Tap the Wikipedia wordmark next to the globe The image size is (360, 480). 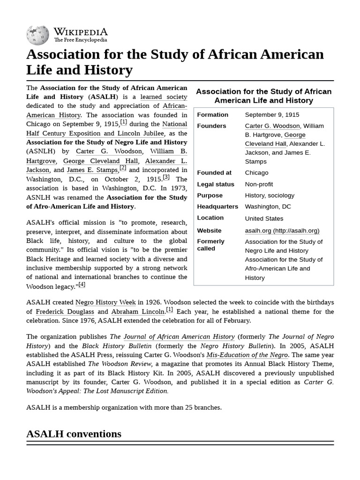click(x=80, y=32)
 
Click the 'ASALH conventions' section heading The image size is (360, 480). click(x=74, y=434)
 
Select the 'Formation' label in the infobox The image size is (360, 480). click(x=212, y=115)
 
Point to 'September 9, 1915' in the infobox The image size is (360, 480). click(x=272, y=115)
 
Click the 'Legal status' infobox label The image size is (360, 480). click(x=215, y=184)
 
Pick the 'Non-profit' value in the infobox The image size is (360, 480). click(x=259, y=184)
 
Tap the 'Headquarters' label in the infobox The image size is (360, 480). click(x=217, y=207)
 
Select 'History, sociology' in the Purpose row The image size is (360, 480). click(x=270, y=195)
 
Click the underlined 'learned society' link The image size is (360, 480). click(x=164, y=97)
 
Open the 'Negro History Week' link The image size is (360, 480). click(x=105, y=302)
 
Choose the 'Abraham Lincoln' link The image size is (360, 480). click(x=138, y=312)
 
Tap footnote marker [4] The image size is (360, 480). click(x=82, y=285)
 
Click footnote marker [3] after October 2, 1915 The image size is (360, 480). click(x=166, y=177)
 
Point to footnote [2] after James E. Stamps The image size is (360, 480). click(x=123, y=168)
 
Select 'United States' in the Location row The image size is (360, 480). click(x=264, y=218)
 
